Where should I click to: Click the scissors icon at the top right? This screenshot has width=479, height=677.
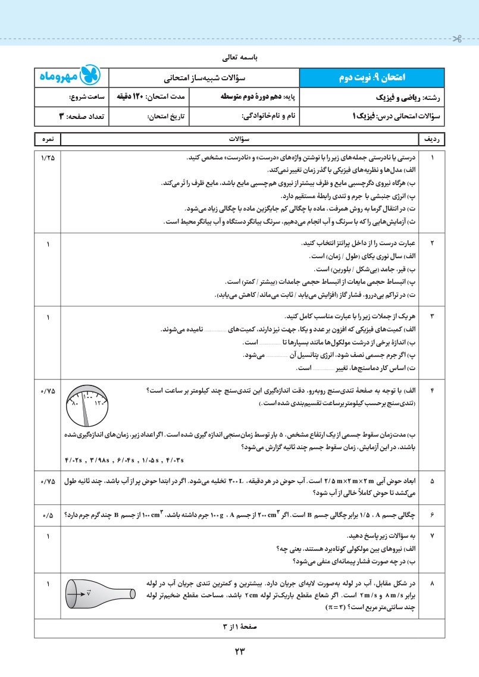point(457,40)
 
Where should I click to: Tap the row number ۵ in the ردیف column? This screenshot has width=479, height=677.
point(433,480)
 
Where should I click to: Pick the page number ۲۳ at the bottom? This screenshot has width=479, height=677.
point(240,651)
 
